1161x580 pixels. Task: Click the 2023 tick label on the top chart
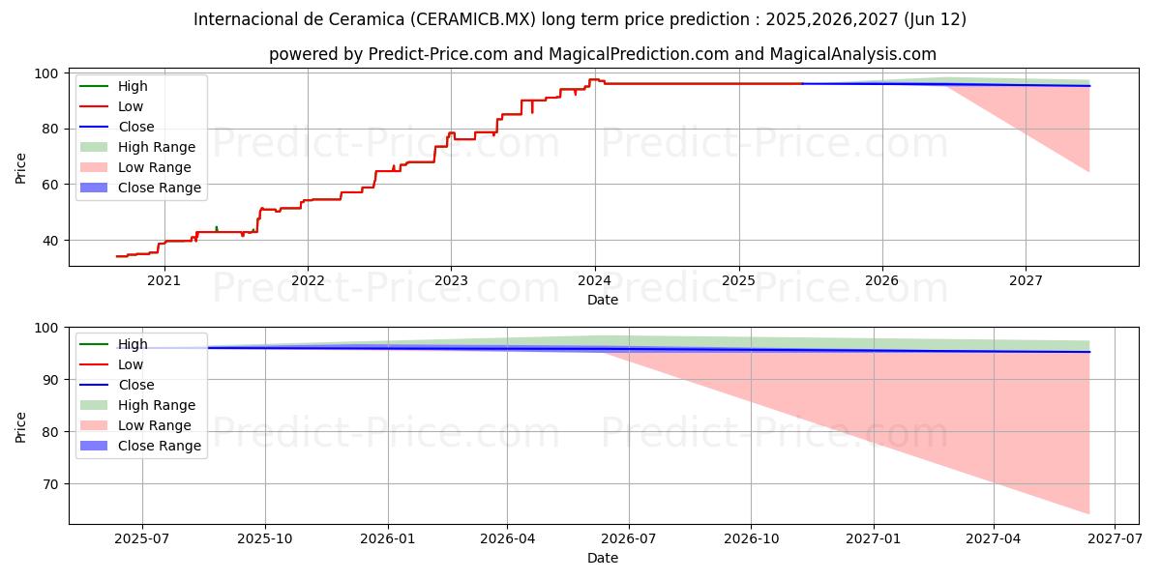click(451, 280)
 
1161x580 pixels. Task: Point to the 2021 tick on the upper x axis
click(164, 280)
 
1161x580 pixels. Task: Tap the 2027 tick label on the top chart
click(1026, 280)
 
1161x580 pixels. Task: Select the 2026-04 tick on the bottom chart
click(508, 538)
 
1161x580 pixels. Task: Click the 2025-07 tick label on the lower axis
click(142, 538)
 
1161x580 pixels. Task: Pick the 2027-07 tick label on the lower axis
click(1115, 538)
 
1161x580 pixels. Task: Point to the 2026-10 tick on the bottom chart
click(752, 538)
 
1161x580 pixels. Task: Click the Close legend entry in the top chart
click(135, 127)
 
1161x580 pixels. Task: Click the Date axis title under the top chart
click(603, 300)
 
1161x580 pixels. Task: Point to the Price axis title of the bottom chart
click(21, 425)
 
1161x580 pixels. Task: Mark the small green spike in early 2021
click(216, 227)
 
